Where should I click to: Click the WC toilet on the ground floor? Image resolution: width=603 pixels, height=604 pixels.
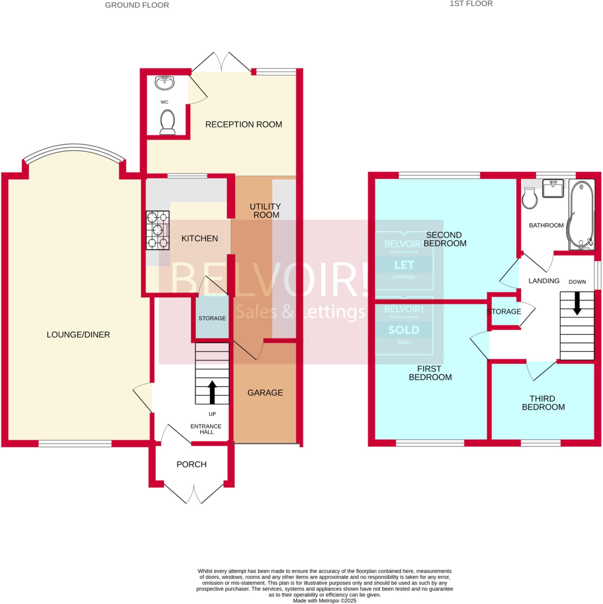tap(167, 122)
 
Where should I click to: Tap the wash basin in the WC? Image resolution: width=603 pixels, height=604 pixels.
tap(165, 83)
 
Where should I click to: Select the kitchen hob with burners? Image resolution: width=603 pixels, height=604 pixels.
tap(158, 230)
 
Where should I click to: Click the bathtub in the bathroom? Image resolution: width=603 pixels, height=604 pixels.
tap(581, 214)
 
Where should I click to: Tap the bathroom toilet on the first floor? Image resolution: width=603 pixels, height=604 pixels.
tap(530, 198)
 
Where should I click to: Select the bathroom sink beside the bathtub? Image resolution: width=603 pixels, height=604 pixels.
tap(553, 188)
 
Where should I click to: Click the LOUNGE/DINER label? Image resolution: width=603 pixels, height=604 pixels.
tap(78, 334)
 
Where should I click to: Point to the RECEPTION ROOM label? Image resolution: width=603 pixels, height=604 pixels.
tap(244, 124)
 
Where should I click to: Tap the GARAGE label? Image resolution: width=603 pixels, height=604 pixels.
tap(265, 393)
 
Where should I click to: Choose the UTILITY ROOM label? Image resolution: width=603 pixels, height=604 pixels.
tap(265, 211)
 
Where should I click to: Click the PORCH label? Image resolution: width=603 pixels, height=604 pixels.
tap(191, 464)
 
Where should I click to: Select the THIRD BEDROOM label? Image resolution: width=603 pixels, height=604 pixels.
tap(543, 403)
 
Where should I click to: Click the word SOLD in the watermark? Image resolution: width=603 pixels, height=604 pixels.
tap(404, 330)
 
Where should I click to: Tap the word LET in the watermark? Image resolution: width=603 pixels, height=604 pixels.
tap(404, 265)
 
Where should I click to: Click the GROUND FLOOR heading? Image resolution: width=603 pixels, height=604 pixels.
tap(137, 5)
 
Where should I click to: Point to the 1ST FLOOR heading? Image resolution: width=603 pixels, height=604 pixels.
tap(471, 4)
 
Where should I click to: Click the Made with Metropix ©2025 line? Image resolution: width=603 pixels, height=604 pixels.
tap(324, 600)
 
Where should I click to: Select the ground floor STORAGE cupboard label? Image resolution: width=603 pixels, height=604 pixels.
tap(212, 318)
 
